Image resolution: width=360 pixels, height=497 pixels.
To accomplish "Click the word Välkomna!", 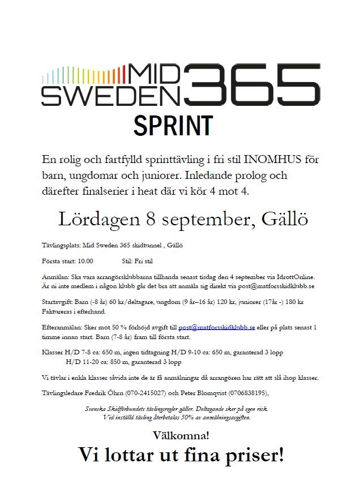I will pos(181,435).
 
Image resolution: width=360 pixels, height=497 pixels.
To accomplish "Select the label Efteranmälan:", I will pos(61,327).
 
